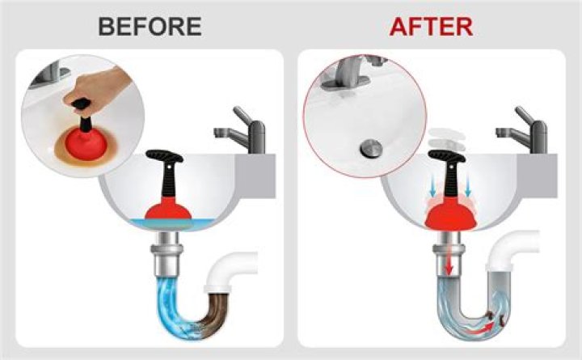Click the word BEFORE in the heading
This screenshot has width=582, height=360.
(150, 27)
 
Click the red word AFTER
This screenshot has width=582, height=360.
(432, 27)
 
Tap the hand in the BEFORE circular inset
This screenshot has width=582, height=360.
(95, 88)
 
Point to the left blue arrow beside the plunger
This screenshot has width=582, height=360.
(432, 187)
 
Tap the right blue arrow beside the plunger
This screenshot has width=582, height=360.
(468, 187)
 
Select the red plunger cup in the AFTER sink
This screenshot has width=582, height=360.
(450, 218)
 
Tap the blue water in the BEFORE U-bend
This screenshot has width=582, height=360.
(175, 308)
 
